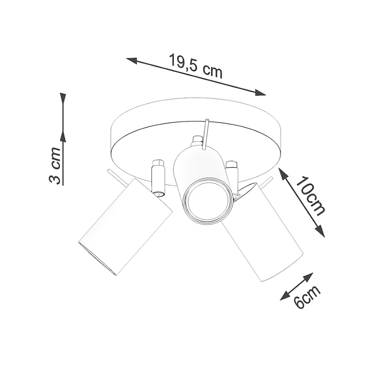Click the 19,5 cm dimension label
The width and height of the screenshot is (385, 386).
[196, 66]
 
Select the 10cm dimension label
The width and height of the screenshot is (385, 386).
[310, 196]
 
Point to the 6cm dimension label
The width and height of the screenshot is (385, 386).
[307, 297]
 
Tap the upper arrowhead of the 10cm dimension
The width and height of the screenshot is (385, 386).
[283, 173]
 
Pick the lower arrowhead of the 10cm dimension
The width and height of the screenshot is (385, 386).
[320, 231]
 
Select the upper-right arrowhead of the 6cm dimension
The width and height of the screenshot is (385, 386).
[309, 277]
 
